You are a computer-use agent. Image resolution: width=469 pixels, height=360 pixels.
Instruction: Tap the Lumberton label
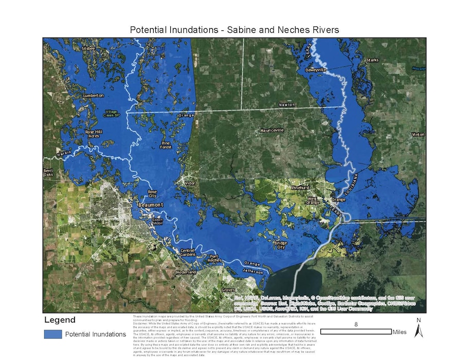coord(94,95)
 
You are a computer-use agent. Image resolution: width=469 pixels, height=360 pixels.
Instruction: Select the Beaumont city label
coord(151,205)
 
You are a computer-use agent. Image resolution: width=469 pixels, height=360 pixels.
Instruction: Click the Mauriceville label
coord(272,130)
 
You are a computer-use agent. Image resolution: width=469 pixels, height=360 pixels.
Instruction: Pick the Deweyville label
coord(316,69)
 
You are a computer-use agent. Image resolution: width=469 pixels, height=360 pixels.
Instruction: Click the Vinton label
coord(418,134)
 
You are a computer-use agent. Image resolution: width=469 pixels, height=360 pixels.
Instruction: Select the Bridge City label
coord(280,244)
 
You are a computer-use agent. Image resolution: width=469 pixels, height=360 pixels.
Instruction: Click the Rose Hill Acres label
coord(93,134)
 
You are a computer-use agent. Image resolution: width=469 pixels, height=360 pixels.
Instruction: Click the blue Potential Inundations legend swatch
coord(52,334)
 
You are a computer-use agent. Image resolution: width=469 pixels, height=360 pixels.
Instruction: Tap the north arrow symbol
coord(418,329)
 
